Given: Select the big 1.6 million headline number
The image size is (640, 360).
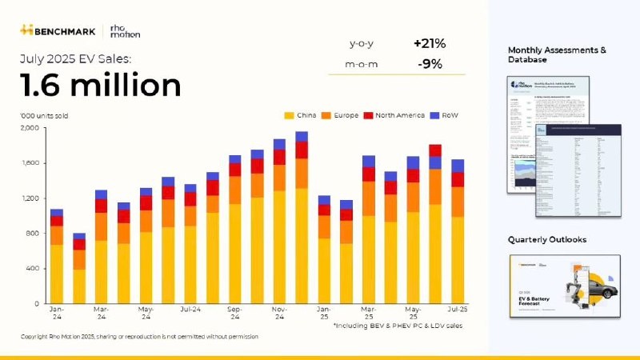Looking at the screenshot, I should (101, 84).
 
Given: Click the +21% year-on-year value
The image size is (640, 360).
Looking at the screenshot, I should (428, 42).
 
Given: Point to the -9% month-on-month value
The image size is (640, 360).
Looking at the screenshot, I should (430, 64).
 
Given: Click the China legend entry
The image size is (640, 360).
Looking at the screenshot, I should (303, 115).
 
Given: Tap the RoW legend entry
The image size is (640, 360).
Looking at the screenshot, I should (445, 115).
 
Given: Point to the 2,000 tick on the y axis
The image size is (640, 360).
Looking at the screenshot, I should (28, 128).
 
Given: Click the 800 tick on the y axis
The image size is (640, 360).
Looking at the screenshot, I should (31, 234).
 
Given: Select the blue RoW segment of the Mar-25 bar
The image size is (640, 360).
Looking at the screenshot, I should (369, 161).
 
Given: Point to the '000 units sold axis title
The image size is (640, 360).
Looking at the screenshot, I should (45, 115).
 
